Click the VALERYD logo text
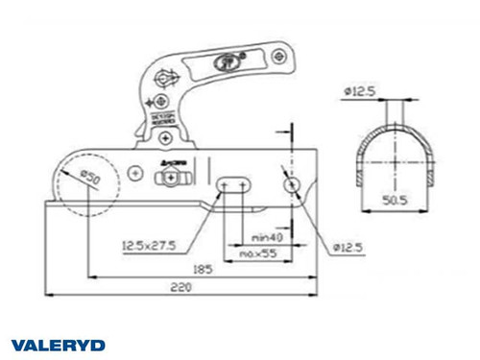(x=58, y=345)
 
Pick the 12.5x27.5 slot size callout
(x=150, y=246)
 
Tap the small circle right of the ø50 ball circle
(x=136, y=172)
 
